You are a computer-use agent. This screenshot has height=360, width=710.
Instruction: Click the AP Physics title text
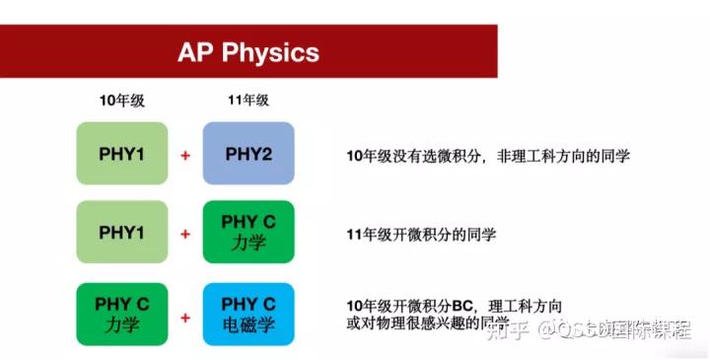(248, 51)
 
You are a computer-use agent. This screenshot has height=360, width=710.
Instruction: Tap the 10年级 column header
(121, 101)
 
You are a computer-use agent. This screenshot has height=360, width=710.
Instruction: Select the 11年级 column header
(248, 101)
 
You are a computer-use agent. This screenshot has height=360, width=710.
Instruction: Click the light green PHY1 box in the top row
(122, 153)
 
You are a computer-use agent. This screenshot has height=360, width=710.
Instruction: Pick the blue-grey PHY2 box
(248, 153)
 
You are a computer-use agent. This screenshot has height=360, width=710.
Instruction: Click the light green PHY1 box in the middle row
(122, 233)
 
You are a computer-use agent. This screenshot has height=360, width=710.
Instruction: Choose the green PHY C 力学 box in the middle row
(248, 233)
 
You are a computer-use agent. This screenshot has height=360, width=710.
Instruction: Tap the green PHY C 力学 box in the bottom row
(122, 314)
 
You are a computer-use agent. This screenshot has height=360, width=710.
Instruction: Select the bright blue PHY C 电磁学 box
(248, 314)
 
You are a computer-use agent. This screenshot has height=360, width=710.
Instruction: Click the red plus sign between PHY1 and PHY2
(185, 155)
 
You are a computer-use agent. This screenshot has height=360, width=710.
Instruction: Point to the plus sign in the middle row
(185, 235)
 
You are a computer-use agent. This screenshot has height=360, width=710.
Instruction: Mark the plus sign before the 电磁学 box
(185, 318)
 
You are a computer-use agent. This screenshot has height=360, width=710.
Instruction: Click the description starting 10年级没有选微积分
(487, 155)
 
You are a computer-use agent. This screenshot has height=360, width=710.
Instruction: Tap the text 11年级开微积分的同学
(421, 235)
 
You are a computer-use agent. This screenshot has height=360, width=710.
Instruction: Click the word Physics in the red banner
(268, 51)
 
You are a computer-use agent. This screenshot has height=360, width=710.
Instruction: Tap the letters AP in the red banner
(193, 51)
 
